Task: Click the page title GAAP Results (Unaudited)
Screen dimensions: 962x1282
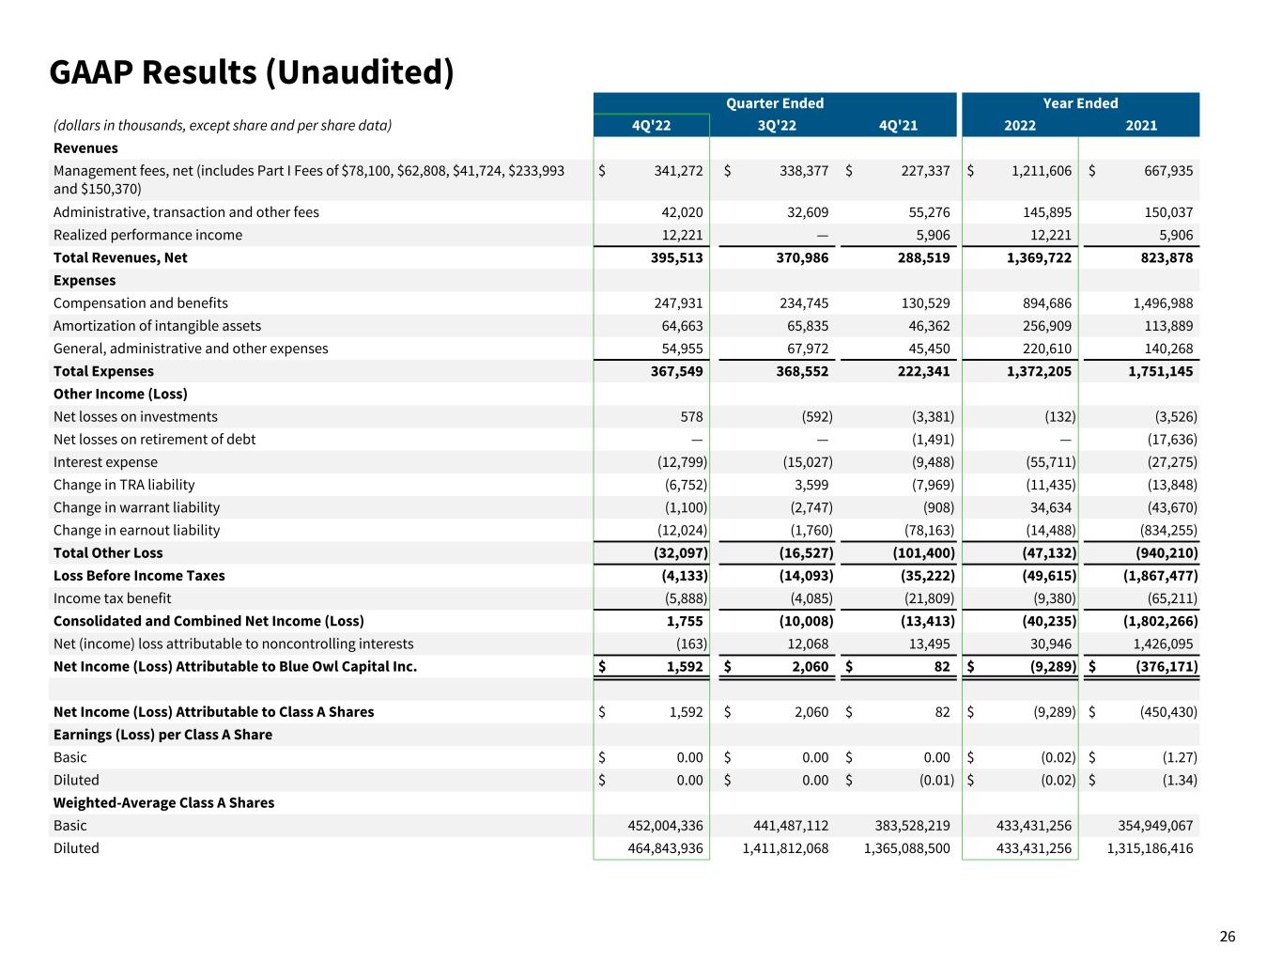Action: (252, 72)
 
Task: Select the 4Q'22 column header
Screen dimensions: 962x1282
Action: (652, 126)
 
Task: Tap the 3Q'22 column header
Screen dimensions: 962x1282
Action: (777, 126)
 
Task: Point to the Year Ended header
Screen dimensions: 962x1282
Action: (1080, 103)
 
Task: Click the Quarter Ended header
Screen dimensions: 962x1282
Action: (774, 103)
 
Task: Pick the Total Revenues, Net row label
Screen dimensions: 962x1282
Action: (120, 257)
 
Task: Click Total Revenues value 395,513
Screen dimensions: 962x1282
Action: (676, 257)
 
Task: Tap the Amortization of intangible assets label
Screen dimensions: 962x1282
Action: (157, 326)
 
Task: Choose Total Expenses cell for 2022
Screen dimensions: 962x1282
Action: (1038, 371)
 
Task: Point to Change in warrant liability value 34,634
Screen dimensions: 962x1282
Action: (1047, 507)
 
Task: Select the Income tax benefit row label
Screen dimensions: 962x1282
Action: (112, 598)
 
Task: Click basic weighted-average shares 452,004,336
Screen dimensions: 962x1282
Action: (665, 826)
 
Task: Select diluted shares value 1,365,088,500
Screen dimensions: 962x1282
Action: (906, 848)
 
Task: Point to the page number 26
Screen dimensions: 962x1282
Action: (1228, 937)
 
